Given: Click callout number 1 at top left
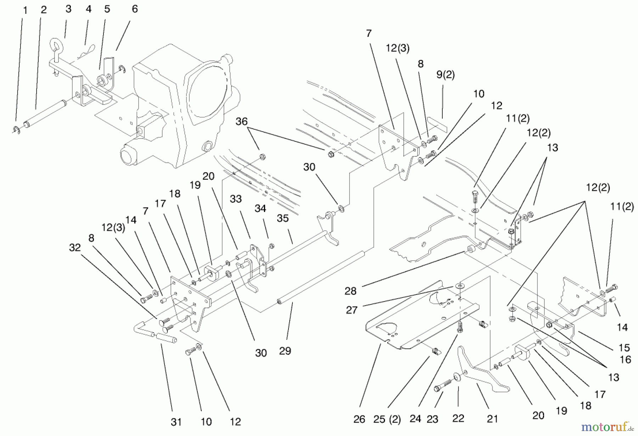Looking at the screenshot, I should click(25, 10).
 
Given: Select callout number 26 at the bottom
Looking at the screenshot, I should click(359, 420).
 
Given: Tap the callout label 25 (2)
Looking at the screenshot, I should click(387, 420).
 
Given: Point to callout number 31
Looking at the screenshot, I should click(176, 422).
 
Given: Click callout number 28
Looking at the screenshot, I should click(350, 291).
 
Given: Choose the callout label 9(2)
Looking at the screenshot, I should click(445, 75).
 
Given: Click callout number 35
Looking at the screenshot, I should click(282, 218).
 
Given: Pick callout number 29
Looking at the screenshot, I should click(285, 351).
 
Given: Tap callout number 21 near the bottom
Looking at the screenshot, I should click(492, 419).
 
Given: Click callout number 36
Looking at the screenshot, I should click(241, 122).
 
